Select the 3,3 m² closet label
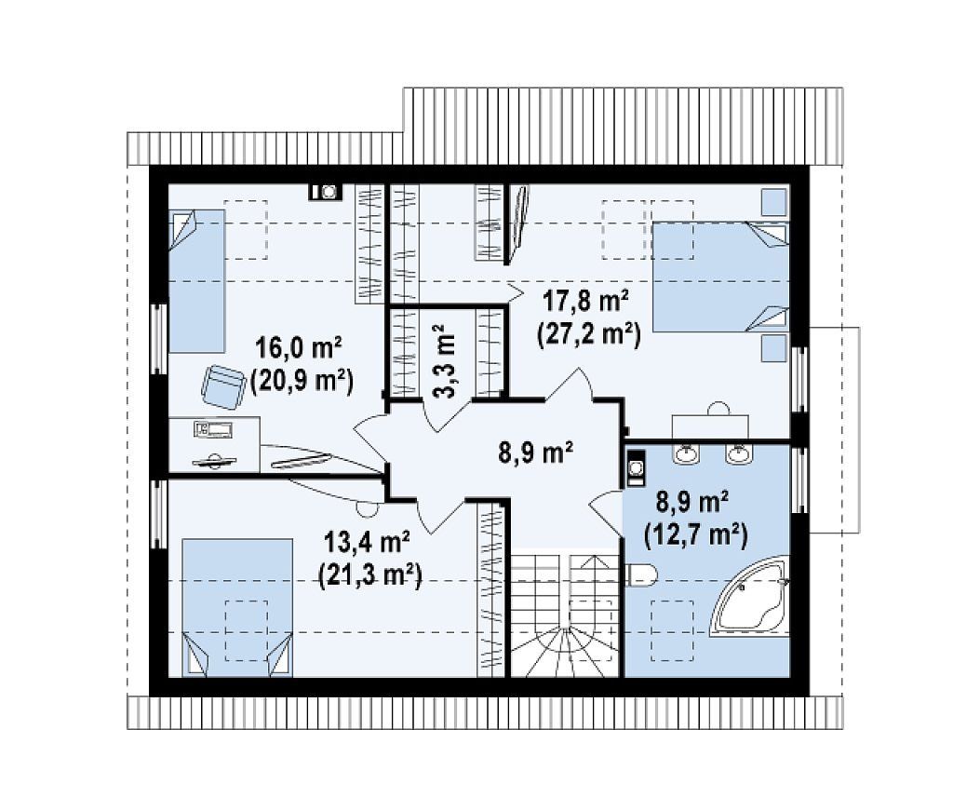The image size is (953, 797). click(x=446, y=360)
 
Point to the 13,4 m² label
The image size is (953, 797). click(x=369, y=542)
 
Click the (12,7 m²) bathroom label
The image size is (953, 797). click(x=694, y=535)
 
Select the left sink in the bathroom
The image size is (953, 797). click(x=687, y=453)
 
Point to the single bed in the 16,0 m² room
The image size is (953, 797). click(x=197, y=281)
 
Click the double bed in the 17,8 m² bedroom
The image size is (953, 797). click(x=719, y=277)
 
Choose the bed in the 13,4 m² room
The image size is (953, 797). click(x=237, y=607)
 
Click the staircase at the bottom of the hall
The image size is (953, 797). click(x=565, y=614)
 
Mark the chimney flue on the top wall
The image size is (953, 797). click(x=326, y=192)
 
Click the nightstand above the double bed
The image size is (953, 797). click(x=773, y=201)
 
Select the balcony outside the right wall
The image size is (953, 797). click(x=834, y=430)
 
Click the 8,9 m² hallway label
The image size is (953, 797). click(x=535, y=453)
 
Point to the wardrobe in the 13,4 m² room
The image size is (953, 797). click(x=491, y=589)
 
